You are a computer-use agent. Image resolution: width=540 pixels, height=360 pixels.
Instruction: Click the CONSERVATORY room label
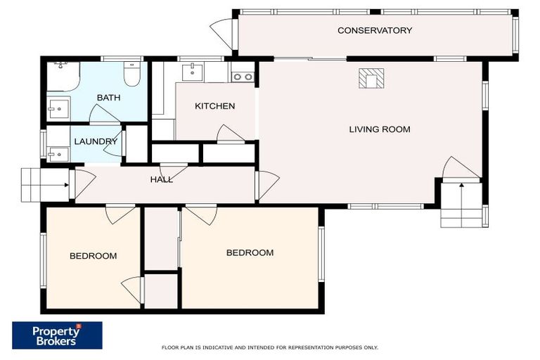coord(374,30)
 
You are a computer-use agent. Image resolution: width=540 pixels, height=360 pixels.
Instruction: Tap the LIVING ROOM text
coord(380,129)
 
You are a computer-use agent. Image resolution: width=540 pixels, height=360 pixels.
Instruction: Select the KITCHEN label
coord(214,106)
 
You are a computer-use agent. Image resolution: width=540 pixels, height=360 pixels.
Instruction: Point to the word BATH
coord(108,98)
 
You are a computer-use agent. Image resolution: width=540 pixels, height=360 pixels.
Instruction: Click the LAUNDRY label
coord(96,141)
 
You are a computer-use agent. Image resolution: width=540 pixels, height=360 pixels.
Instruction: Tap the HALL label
coord(161,179)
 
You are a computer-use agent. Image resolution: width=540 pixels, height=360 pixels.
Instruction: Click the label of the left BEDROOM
coord(93,256)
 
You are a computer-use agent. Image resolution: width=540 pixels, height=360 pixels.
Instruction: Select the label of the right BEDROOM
coord(250,252)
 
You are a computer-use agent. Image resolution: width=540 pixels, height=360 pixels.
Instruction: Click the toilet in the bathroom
coord(131,74)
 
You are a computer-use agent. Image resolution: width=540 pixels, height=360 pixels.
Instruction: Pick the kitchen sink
coord(192,72)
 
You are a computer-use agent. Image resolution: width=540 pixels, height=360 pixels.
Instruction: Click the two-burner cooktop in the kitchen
coord(243,77)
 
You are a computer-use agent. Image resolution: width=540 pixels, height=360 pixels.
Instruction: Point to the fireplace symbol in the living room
coord(371,79)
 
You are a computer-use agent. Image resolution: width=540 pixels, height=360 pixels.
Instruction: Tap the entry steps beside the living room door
coord(462,205)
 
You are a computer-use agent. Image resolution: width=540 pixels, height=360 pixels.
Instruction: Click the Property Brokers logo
coord(57,335)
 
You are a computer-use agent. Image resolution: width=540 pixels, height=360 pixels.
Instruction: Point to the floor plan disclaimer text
coord(270,347)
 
